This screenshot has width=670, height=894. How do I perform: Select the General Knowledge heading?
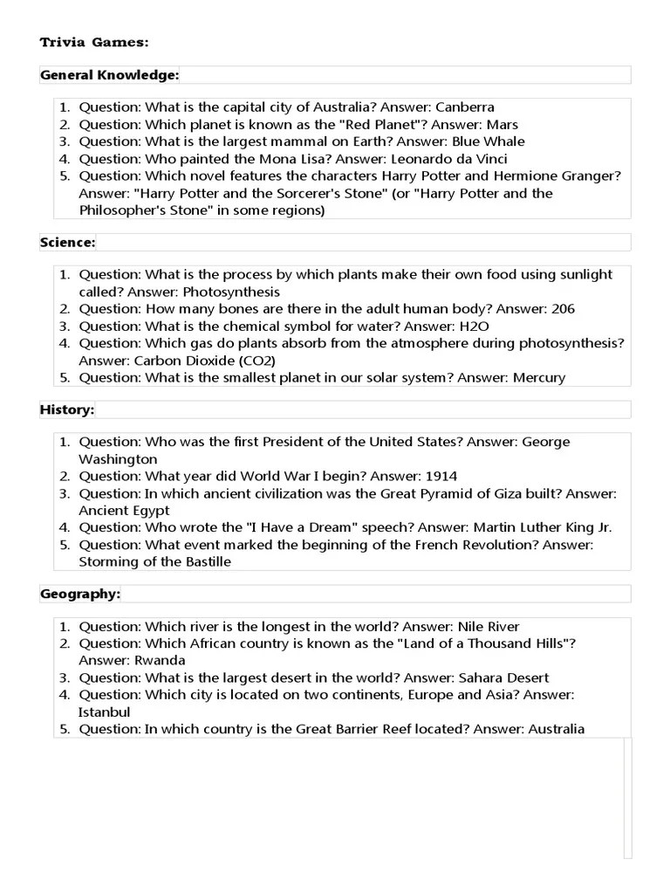click(x=109, y=75)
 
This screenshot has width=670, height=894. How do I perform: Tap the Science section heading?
click(x=68, y=242)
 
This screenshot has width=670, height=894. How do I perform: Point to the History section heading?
click(x=67, y=409)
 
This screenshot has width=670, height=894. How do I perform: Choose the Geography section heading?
click(x=80, y=595)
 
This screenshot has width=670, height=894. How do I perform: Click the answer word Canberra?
click(x=465, y=107)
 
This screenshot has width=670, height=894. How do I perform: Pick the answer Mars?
click(x=502, y=125)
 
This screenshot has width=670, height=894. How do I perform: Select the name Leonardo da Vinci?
click(x=449, y=159)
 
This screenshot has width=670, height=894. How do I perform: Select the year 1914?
click(x=441, y=476)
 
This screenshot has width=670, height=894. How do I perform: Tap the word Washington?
click(x=119, y=459)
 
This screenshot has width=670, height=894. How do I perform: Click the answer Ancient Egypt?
click(x=124, y=511)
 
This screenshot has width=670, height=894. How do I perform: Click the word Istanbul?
click(x=105, y=712)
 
